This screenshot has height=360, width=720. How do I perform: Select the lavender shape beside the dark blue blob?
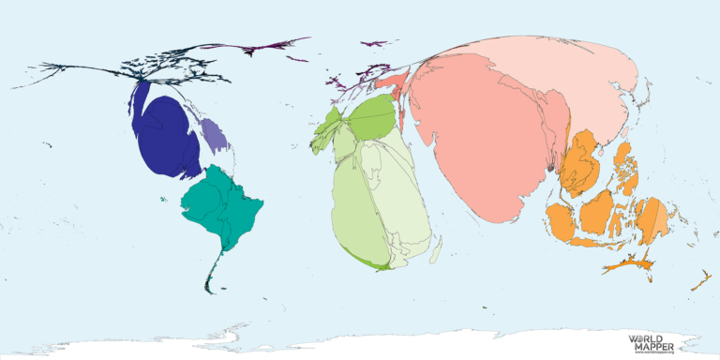215,138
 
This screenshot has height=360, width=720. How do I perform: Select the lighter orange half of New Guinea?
661,220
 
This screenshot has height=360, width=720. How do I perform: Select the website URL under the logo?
653,353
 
